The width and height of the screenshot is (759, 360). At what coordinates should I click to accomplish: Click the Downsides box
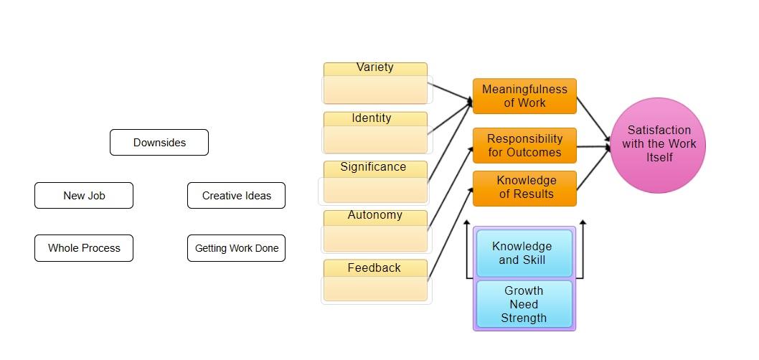click(159, 143)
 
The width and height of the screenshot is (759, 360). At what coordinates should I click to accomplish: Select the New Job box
click(84, 196)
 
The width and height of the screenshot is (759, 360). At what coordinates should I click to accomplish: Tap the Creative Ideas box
click(236, 196)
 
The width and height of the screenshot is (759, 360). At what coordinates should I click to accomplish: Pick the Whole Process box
click(84, 248)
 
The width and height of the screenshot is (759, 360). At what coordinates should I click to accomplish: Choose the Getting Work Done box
click(236, 248)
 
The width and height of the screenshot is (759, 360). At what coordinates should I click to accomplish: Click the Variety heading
click(375, 67)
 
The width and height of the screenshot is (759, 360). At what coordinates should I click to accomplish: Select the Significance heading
click(373, 167)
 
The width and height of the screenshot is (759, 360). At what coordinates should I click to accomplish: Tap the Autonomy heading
click(375, 215)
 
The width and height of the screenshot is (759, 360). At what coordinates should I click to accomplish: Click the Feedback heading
click(374, 268)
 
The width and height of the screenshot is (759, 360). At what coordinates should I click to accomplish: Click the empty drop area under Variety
click(375, 90)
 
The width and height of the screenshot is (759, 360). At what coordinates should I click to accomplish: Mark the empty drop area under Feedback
click(375, 289)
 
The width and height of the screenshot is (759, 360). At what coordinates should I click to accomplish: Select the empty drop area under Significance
click(373, 190)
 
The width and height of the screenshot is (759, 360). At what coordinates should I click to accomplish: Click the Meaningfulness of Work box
click(524, 96)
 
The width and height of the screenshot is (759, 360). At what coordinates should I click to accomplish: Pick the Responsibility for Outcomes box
click(524, 146)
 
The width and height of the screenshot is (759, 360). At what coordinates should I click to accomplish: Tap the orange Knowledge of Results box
click(524, 187)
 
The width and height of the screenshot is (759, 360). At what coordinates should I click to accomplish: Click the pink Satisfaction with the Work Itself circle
click(659, 145)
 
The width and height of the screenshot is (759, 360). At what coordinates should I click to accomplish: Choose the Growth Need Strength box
click(524, 304)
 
